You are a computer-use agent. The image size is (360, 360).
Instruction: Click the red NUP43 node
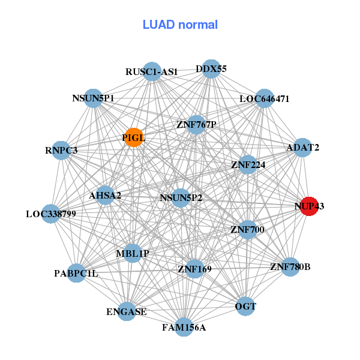(308, 206)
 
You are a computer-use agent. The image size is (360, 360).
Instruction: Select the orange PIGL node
(133, 137)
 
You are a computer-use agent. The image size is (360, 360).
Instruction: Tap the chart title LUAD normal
(180, 25)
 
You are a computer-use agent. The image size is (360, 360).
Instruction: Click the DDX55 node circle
(211, 69)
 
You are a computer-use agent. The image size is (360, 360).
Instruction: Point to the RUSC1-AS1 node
(152, 71)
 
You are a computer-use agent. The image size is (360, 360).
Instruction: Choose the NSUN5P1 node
(93, 98)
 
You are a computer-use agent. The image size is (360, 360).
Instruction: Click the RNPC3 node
(61, 150)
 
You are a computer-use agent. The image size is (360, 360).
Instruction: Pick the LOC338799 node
(50, 214)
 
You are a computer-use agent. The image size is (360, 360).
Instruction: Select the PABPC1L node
(76, 274)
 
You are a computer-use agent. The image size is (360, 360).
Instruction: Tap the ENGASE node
(126, 311)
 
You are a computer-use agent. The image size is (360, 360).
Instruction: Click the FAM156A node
(184, 327)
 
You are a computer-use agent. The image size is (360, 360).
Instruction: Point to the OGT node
(245, 307)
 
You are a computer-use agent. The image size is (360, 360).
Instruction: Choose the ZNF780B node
(290, 266)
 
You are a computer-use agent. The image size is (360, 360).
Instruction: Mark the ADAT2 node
(302, 148)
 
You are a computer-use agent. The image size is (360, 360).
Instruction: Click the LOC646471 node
(265, 98)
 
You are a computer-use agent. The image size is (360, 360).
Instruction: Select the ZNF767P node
(196, 125)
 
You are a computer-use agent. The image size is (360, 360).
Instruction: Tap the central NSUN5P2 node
(181, 197)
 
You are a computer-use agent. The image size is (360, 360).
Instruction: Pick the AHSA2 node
(106, 195)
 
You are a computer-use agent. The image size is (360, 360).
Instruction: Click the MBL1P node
(133, 253)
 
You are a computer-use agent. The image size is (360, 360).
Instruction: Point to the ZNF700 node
(247, 229)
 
